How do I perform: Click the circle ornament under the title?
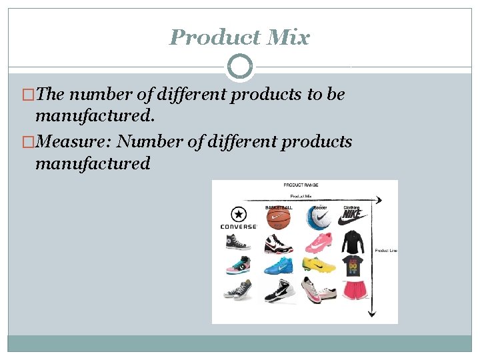(x=240, y=67)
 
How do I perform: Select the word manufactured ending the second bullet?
(x=93, y=163)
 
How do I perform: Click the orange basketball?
(x=279, y=219)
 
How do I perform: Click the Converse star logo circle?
(x=238, y=215)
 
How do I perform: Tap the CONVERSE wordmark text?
(x=238, y=227)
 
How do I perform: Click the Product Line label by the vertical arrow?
(x=386, y=251)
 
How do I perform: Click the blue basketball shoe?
(x=278, y=266)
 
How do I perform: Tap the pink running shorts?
(x=353, y=291)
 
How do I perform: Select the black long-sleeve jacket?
(x=353, y=243)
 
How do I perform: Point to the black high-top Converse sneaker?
(x=238, y=243)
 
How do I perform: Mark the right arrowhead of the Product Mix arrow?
(x=379, y=200)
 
